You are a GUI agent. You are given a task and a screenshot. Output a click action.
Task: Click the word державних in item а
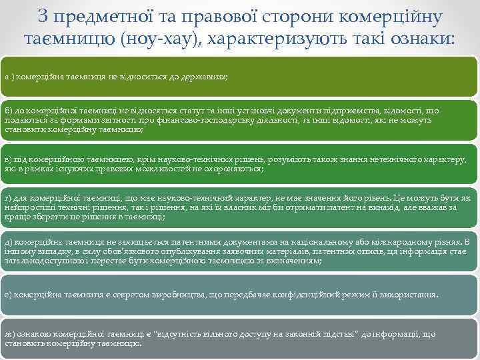[206, 77]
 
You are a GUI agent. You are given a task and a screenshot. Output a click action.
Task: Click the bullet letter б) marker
[8, 111]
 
